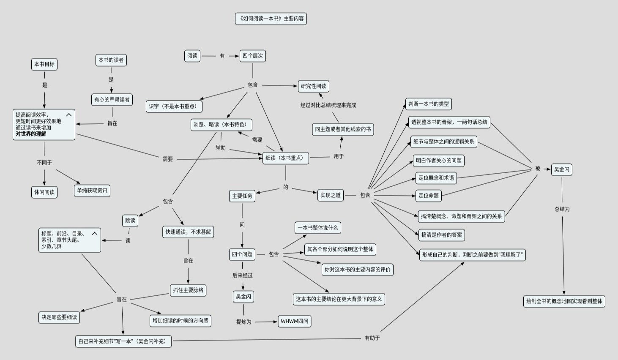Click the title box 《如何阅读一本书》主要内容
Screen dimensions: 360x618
point(271,19)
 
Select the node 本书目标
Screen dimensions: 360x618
point(44,64)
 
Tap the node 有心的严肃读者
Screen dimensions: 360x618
point(112,100)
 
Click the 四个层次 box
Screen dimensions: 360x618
point(253,56)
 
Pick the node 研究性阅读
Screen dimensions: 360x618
point(314,86)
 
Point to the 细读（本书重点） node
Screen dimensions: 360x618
point(286,158)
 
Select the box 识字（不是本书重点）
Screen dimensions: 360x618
point(174,106)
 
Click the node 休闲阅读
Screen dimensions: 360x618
point(44,192)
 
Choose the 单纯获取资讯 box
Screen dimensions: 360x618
point(92,191)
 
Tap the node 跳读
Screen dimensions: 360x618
point(130,221)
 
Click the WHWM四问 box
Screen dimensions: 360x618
point(295,321)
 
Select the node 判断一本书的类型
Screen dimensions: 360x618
point(429,104)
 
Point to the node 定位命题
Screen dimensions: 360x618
point(429,196)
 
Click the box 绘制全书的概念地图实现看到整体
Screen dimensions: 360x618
point(564,301)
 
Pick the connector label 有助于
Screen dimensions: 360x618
point(372,338)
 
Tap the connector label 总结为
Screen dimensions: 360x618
point(562,209)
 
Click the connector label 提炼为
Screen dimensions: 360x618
point(244,322)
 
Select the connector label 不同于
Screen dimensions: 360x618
point(44,163)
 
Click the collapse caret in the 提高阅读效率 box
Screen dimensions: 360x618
point(69,115)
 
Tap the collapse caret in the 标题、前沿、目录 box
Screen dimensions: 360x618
point(95,233)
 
